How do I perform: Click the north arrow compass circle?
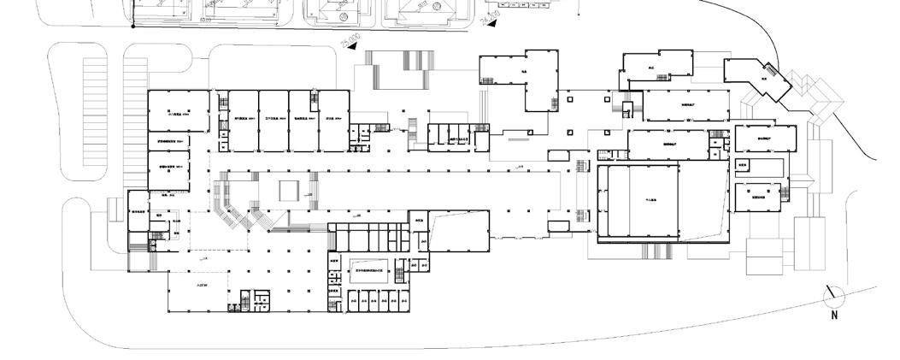pos(832,296)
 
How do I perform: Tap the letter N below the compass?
pos(835,316)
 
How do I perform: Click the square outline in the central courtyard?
pos(290,190)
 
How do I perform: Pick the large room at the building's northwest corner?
pos(178,111)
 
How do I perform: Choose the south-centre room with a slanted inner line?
pos(458,230)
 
